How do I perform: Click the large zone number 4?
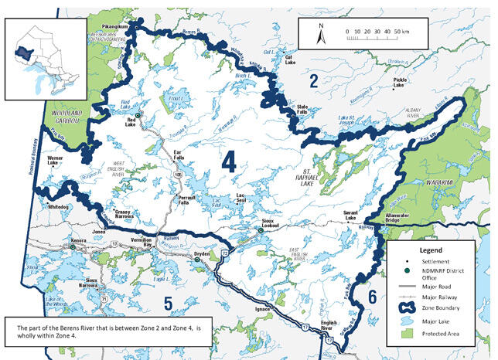228,161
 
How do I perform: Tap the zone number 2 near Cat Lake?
314,80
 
